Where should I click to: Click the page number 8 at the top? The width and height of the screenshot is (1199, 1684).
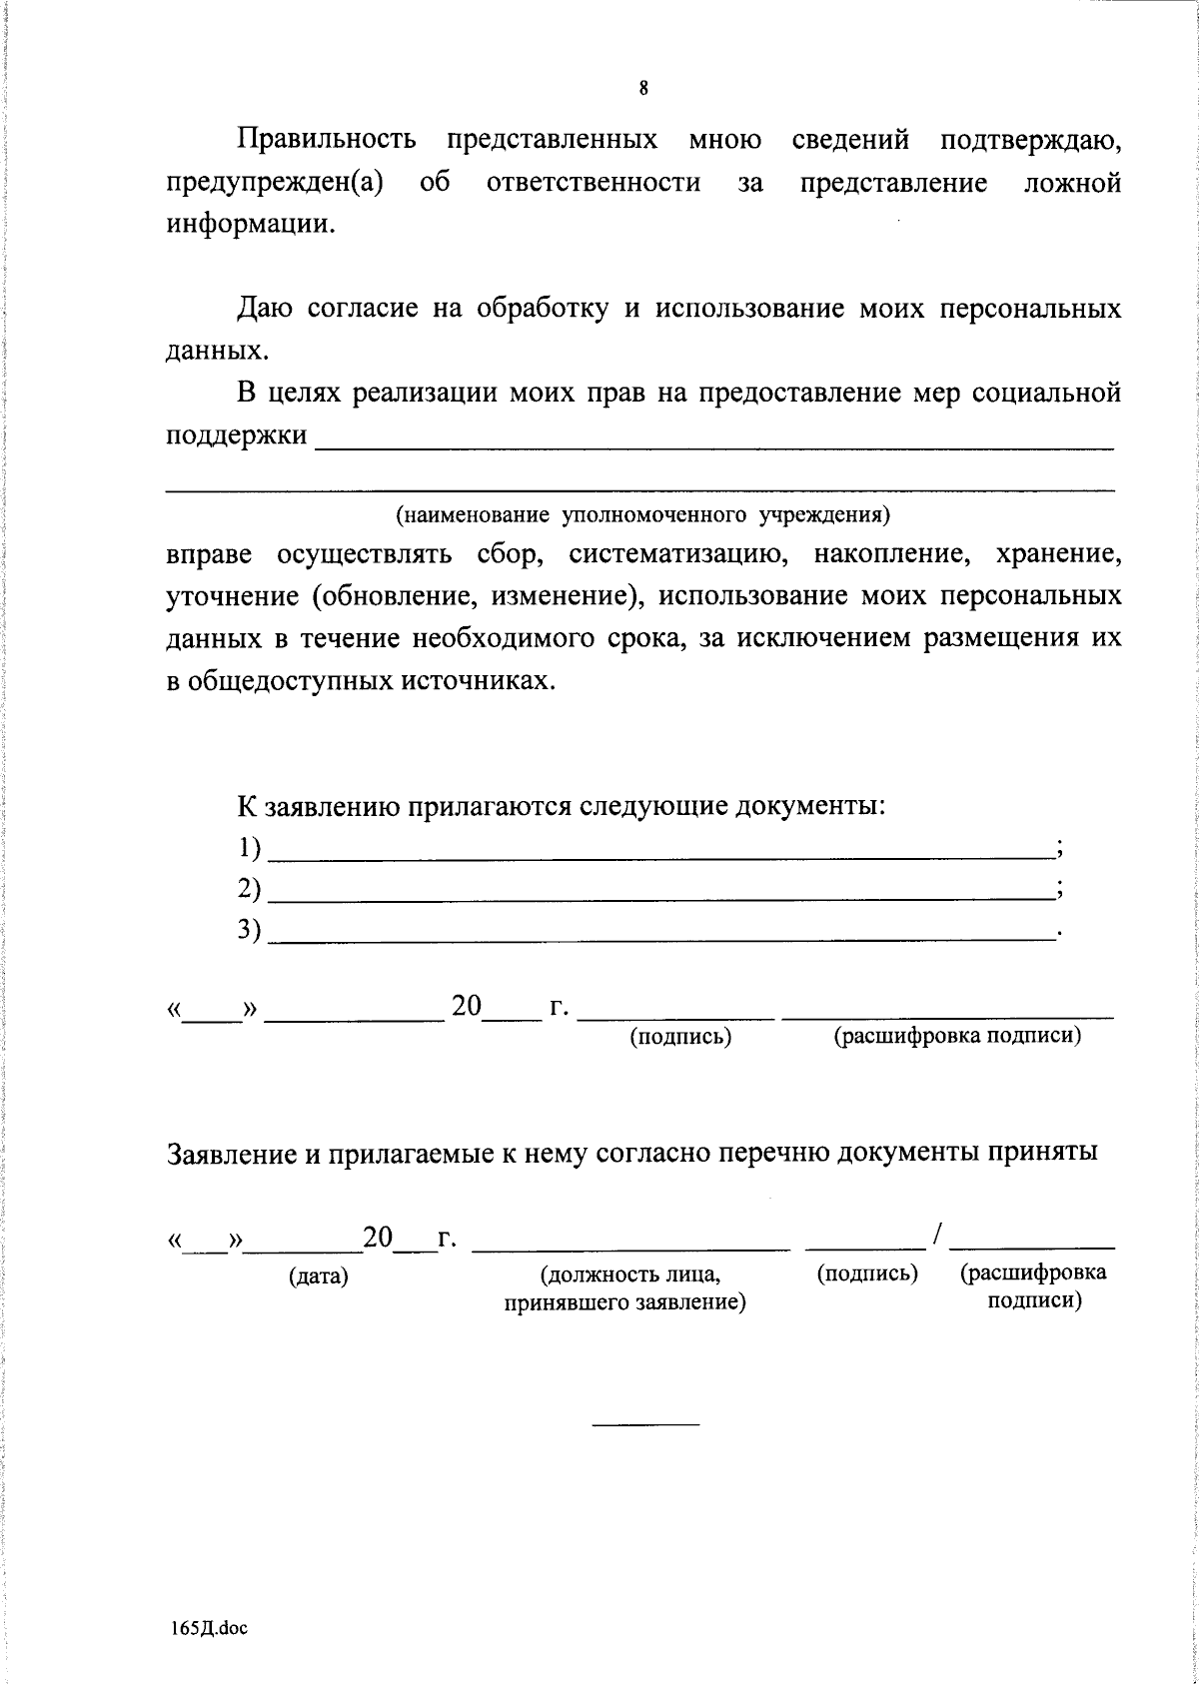coord(643,89)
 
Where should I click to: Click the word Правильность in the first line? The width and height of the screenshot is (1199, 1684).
coord(326,140)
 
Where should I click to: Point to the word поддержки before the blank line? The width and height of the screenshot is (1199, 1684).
coord(236,436)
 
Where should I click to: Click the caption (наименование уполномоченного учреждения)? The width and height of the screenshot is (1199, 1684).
coord(641,515)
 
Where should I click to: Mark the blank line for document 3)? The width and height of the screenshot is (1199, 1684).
coord(661,937)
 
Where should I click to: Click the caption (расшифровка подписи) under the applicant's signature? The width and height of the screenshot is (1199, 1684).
coord(957,1037)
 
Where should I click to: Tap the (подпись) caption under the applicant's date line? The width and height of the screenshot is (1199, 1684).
coord(680,1037)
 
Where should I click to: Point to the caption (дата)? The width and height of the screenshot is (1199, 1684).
coord(318,1276)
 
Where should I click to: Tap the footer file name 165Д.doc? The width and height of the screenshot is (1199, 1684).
coord(208,1628)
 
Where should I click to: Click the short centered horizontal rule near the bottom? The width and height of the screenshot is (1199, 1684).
coord(645,1423)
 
